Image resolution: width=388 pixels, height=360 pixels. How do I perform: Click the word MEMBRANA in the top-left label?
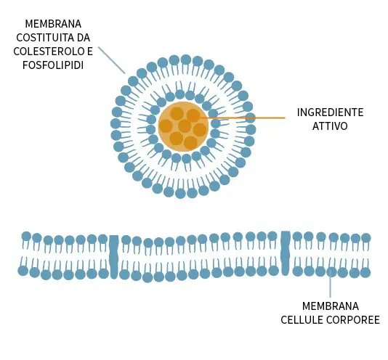[x=53, y=24]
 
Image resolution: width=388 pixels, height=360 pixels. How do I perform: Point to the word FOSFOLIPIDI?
[x=53, y=65]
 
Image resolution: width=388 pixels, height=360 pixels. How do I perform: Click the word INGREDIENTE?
[x=330, y=112]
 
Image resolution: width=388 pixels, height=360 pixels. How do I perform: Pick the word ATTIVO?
[x=330, y=126]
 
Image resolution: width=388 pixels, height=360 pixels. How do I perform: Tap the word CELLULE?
[x=302, y=320]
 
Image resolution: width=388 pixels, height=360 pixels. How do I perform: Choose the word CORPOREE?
[x=353, y=320]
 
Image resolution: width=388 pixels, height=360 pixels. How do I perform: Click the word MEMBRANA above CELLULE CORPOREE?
[x=331, y=306]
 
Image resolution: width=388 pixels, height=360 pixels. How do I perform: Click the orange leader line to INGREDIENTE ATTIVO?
[x=237, y=118]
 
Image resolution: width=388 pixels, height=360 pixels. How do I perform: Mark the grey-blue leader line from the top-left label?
[x=112, y=60]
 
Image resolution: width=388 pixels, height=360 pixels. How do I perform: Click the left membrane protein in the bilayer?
[x=114, y=257]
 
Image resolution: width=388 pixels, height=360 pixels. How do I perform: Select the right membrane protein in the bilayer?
[x=286, y=253]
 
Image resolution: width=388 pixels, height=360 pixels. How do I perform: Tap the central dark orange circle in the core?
[x=185, y=126]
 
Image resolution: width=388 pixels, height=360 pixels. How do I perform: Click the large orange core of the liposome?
[x=183, y=126]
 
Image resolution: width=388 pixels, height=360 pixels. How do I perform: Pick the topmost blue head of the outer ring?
[x=186, y=60]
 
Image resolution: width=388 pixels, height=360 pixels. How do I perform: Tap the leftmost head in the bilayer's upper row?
[x=26, y=237]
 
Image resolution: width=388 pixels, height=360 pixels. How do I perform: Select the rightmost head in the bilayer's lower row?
[x=365, y=273]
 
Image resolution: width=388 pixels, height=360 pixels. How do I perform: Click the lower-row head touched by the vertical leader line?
[x=331, y=272]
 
